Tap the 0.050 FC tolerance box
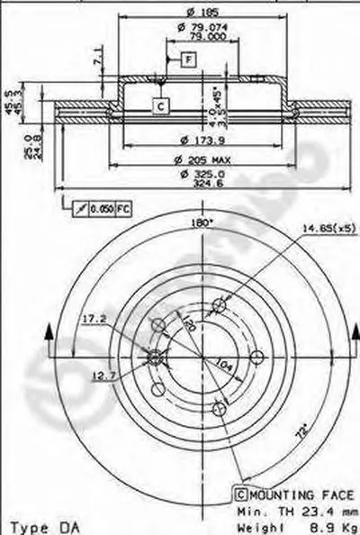click(104, 208)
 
